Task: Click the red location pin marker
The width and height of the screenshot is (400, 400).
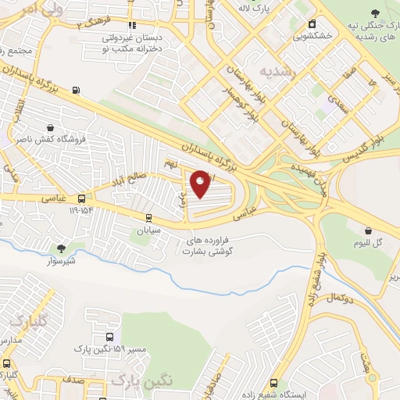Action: (x=200, y=183)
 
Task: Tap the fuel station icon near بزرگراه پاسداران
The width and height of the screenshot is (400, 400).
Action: (x=76, y=90)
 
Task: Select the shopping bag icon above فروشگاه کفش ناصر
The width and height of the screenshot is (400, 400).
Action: (x=51, y=127)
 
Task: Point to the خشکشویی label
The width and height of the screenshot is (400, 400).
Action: (x=312, y=35)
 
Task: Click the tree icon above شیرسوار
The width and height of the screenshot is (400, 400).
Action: (x=61, y=248)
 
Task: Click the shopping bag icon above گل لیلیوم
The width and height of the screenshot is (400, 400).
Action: (x=367, y=230)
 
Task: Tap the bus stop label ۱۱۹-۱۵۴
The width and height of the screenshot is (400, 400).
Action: (x=82, y=210)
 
